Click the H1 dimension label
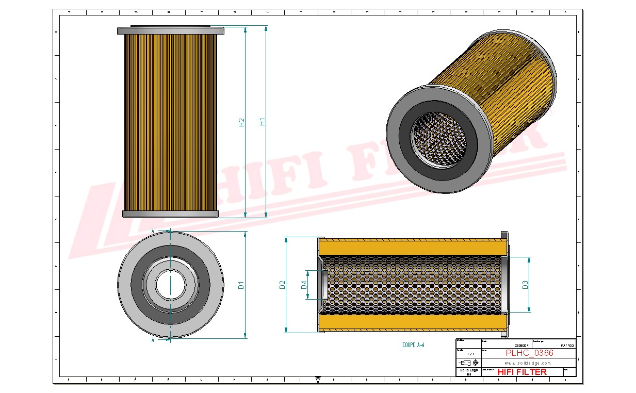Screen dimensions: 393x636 (x=262, y=122)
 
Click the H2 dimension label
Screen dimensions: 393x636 (x=241, y=122)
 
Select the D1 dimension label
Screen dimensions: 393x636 (x=241, y=285)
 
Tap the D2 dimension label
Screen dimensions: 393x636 (x=282, y=285)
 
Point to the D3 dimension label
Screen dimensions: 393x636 (x=525, y=284)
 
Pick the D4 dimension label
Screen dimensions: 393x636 (x=304, y=284)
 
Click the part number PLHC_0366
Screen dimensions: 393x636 (x=529, y=353)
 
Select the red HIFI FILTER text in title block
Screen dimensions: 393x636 (x=522, y=372)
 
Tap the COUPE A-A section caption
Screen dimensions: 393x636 (x=413, y=345)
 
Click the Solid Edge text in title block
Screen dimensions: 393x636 (x=468, y=370)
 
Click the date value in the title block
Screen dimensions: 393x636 (x=521, y=346)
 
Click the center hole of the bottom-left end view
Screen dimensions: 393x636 (x=170, y=285)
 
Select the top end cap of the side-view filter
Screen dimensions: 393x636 (x=171, y=31)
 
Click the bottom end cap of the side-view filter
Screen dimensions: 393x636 (x=171, y=214)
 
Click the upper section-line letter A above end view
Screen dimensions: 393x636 (x=153, y=231)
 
